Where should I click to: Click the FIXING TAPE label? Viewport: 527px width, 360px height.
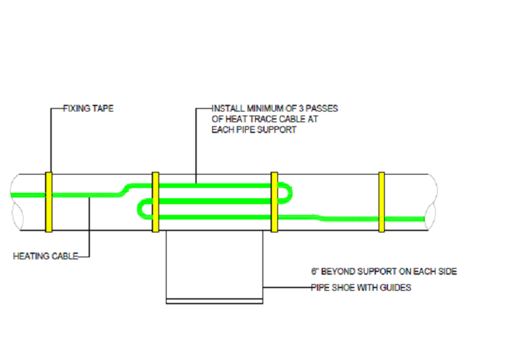tap(89, 109)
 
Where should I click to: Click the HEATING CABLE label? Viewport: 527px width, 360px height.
tap(46, 256)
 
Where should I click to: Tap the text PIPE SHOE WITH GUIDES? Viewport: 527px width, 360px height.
tap(361, 287)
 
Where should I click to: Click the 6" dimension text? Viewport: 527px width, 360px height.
tap(315, 271)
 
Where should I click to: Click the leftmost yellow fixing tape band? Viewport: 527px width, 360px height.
tap(49, 202)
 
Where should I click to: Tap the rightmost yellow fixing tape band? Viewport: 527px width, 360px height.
tap(381, 202)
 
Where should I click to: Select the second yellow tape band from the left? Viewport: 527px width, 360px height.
tap(155, 202)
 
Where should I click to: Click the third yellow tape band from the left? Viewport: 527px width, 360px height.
tap(275, 202)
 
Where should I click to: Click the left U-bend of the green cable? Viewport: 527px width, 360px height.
tap(140, 209)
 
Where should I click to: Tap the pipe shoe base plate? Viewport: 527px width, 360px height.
tap(214, 302)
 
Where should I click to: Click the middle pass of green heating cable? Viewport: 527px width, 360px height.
tap(215, 201)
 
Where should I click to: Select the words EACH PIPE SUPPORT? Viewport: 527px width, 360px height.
tap(254, 130)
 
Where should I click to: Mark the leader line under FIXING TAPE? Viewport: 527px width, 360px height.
tap(51, 140)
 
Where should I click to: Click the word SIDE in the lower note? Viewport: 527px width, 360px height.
tap(446, 271)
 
